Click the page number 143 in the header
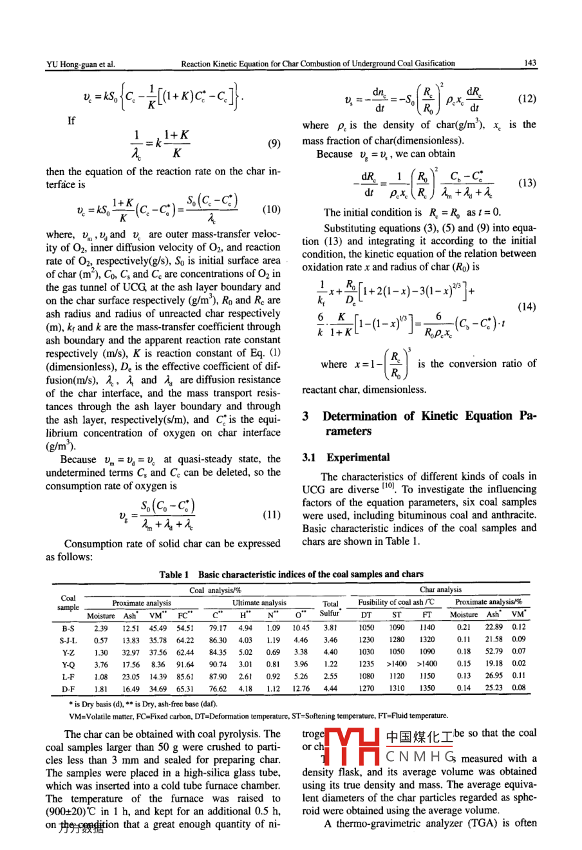click(530, 63)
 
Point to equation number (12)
click(526, 99)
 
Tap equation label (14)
click(526, 307)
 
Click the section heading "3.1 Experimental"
click(346, 457)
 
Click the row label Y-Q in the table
click(68, 664)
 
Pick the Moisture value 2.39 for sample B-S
click(100, 628)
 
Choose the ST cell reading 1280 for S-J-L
click(397, 640)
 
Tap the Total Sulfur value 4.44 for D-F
click(330, 688)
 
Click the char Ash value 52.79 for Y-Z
click(494, 652)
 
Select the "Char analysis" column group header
click(440, 589)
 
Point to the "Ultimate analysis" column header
click(259, 603)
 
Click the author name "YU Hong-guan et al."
click(80, 64)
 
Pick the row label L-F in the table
click(68, 676)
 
